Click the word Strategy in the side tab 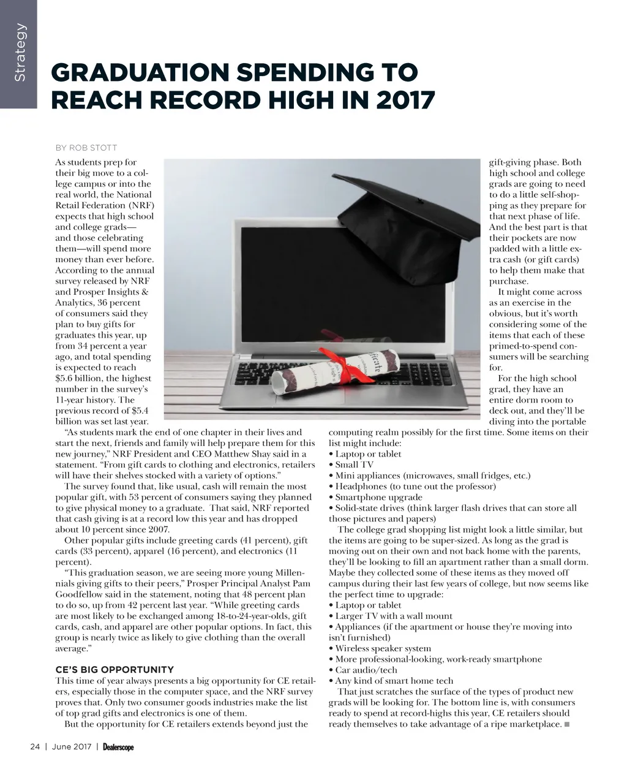click(20, 52)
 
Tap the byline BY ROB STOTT click(86, 148)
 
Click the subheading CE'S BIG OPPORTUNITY click(115, 670)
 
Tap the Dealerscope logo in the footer click(118, 747)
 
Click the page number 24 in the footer click(35, 747)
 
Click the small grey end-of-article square click(567, 724)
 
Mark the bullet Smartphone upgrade click(378, 497)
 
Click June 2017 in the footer click(72, 747)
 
